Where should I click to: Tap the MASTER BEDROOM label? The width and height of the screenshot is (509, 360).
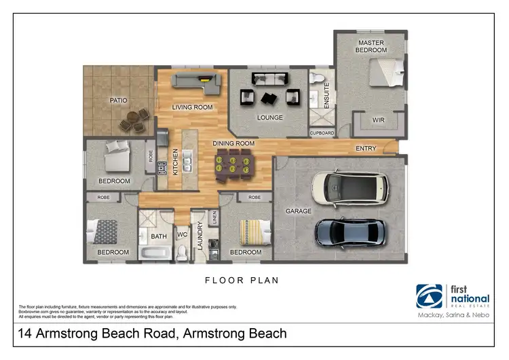pos(372,46)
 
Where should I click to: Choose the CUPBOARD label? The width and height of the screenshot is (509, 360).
pos(322,133)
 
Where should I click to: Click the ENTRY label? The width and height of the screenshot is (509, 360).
pos(366,148)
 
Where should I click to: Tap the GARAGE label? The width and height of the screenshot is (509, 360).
pos(298,211)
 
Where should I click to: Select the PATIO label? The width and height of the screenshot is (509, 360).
pos(119,101)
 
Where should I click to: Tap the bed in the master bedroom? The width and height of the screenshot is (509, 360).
pos(386,72)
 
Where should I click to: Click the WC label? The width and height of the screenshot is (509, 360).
pos(182,236)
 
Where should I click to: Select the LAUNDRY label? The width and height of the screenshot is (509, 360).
pos(200,236)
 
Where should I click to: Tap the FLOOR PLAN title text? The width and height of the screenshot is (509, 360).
pos(242,280)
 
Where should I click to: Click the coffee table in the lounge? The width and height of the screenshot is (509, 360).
pos(269,98)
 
